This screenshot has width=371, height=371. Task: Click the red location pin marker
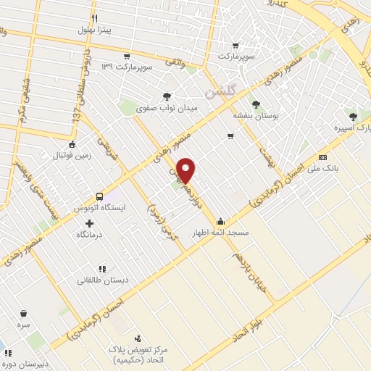[186, 171]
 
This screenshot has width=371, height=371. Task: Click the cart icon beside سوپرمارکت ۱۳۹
[127, 56]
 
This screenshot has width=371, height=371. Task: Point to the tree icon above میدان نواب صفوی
[167, 96]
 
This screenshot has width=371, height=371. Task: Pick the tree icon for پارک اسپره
[353, 117]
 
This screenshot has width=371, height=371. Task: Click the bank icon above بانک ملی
[322, 157]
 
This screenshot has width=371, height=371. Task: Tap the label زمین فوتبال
[70, 156]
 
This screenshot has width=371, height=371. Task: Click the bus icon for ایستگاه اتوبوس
[99, 196]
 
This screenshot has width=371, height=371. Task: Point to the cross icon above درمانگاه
[89, 223]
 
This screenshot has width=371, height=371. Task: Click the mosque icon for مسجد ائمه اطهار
[220, 222]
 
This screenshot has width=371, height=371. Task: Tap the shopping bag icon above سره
[24, 314]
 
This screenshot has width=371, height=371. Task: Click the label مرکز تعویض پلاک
[133, 349]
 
